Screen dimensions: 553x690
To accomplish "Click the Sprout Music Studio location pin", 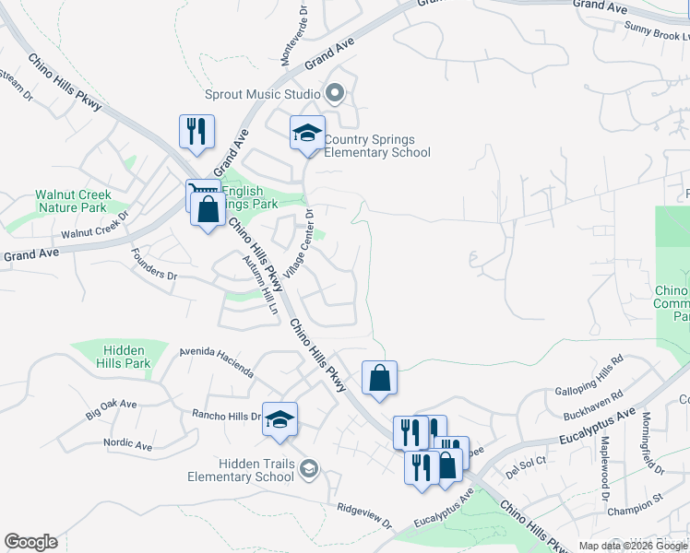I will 335,93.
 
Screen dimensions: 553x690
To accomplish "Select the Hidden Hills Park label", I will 126,357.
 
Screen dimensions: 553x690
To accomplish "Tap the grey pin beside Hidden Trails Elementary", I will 309,470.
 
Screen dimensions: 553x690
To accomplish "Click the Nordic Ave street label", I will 127,443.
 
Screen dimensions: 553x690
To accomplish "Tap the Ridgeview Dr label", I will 364,513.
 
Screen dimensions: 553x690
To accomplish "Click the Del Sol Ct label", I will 527,462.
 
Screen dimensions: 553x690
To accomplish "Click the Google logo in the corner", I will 30,542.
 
